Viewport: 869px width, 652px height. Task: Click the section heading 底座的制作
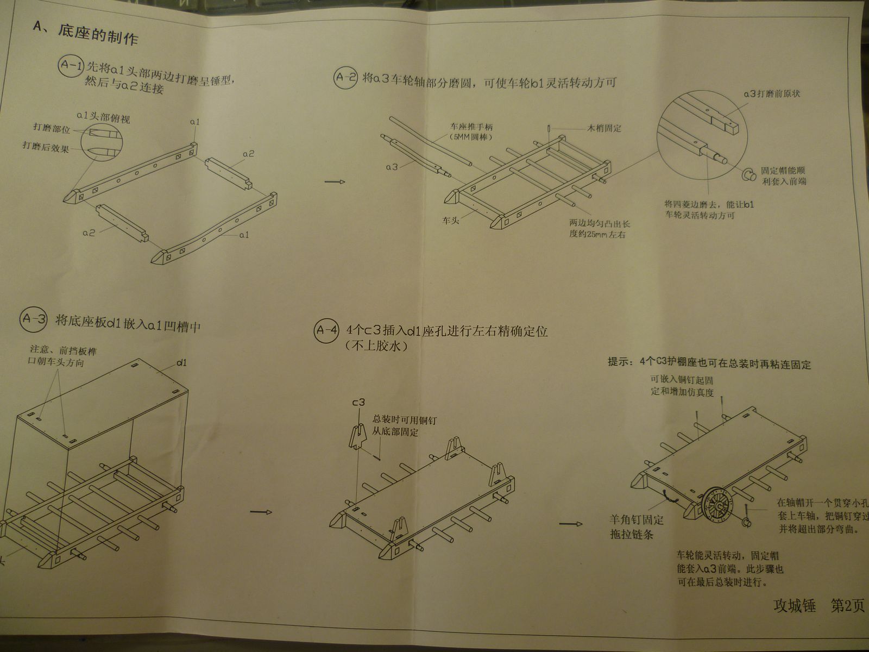coord(98,35)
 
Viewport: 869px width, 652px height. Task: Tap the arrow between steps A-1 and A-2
coord(335,181)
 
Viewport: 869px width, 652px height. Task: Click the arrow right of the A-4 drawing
coord(570,524)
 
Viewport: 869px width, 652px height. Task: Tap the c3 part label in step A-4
coord(358,403)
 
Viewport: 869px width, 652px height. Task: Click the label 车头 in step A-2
coord(450,221)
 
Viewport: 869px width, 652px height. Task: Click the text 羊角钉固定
coord(636,520)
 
